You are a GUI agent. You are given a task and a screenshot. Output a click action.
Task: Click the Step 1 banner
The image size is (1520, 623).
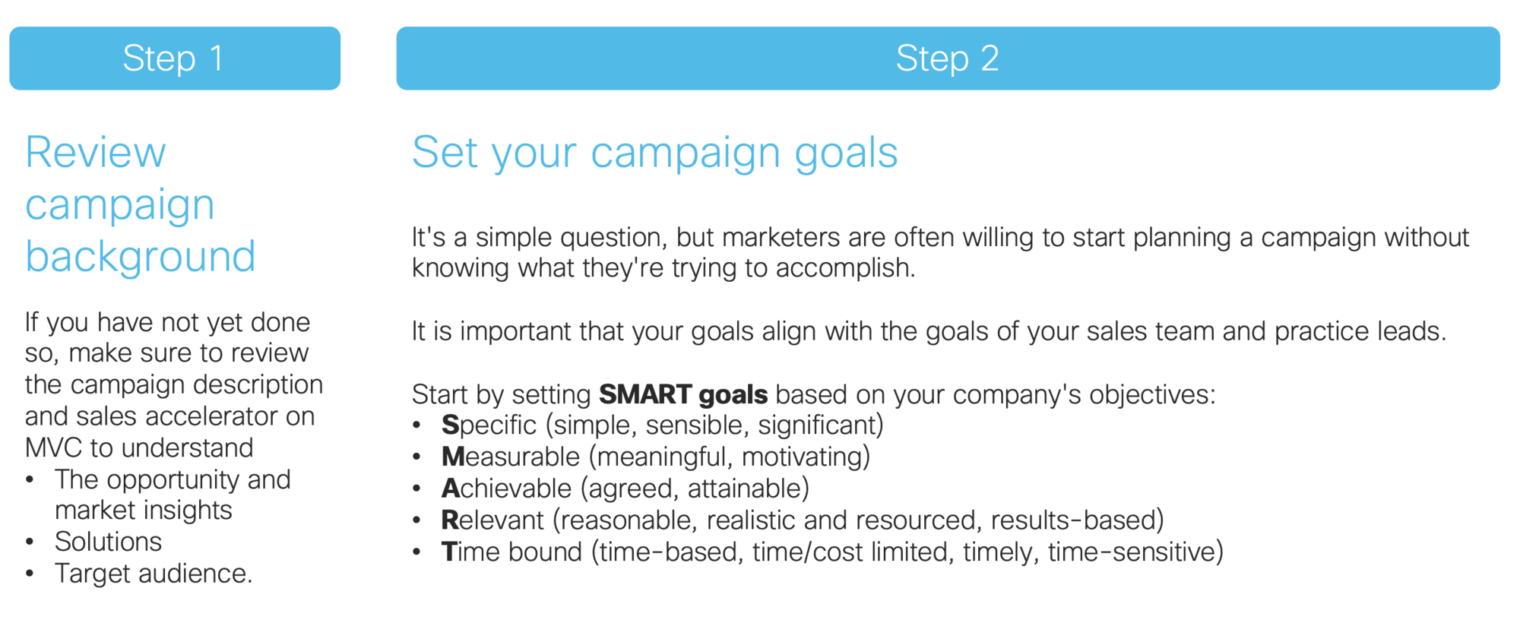[175, 59]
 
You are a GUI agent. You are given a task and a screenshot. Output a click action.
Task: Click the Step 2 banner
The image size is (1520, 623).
[948, 59]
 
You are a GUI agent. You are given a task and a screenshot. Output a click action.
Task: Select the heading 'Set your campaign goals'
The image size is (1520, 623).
[655, 153]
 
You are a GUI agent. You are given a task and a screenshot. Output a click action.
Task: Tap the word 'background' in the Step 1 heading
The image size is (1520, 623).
[141, 257]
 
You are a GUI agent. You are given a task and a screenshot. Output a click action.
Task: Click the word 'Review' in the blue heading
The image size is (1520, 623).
[96, 153]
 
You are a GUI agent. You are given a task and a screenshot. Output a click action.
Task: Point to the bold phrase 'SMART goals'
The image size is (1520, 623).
[683, 394]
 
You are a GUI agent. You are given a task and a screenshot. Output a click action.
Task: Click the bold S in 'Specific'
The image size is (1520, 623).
[451, 425]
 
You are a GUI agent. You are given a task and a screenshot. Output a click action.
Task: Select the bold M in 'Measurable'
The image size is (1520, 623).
[454, 457]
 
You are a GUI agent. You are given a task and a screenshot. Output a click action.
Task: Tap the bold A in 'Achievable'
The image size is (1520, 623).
[451, 489]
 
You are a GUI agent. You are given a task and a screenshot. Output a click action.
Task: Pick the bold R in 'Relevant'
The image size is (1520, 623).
[451, 520]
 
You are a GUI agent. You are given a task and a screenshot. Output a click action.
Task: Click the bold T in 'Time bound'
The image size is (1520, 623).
[449, 552]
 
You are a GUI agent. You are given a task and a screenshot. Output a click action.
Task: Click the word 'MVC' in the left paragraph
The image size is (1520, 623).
[53, 448]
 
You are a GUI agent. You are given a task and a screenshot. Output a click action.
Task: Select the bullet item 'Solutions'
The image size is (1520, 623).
[108, 542]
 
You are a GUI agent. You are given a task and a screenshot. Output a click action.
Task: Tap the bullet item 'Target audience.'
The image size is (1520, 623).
[154, 574]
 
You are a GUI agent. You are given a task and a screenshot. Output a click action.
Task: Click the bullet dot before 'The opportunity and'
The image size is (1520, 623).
[30, 480]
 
